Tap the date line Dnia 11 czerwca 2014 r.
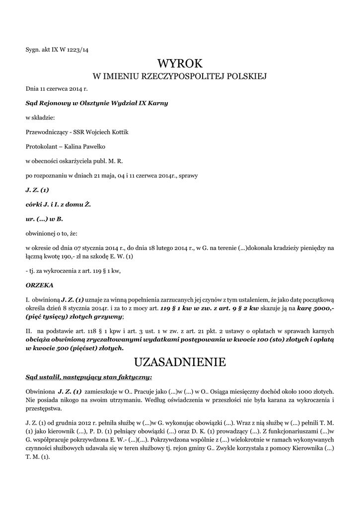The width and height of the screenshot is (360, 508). (x=57, y=89)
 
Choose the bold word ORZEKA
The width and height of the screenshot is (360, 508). (x=39, y=285)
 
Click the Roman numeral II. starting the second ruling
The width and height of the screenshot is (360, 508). (x=29, y=331)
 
